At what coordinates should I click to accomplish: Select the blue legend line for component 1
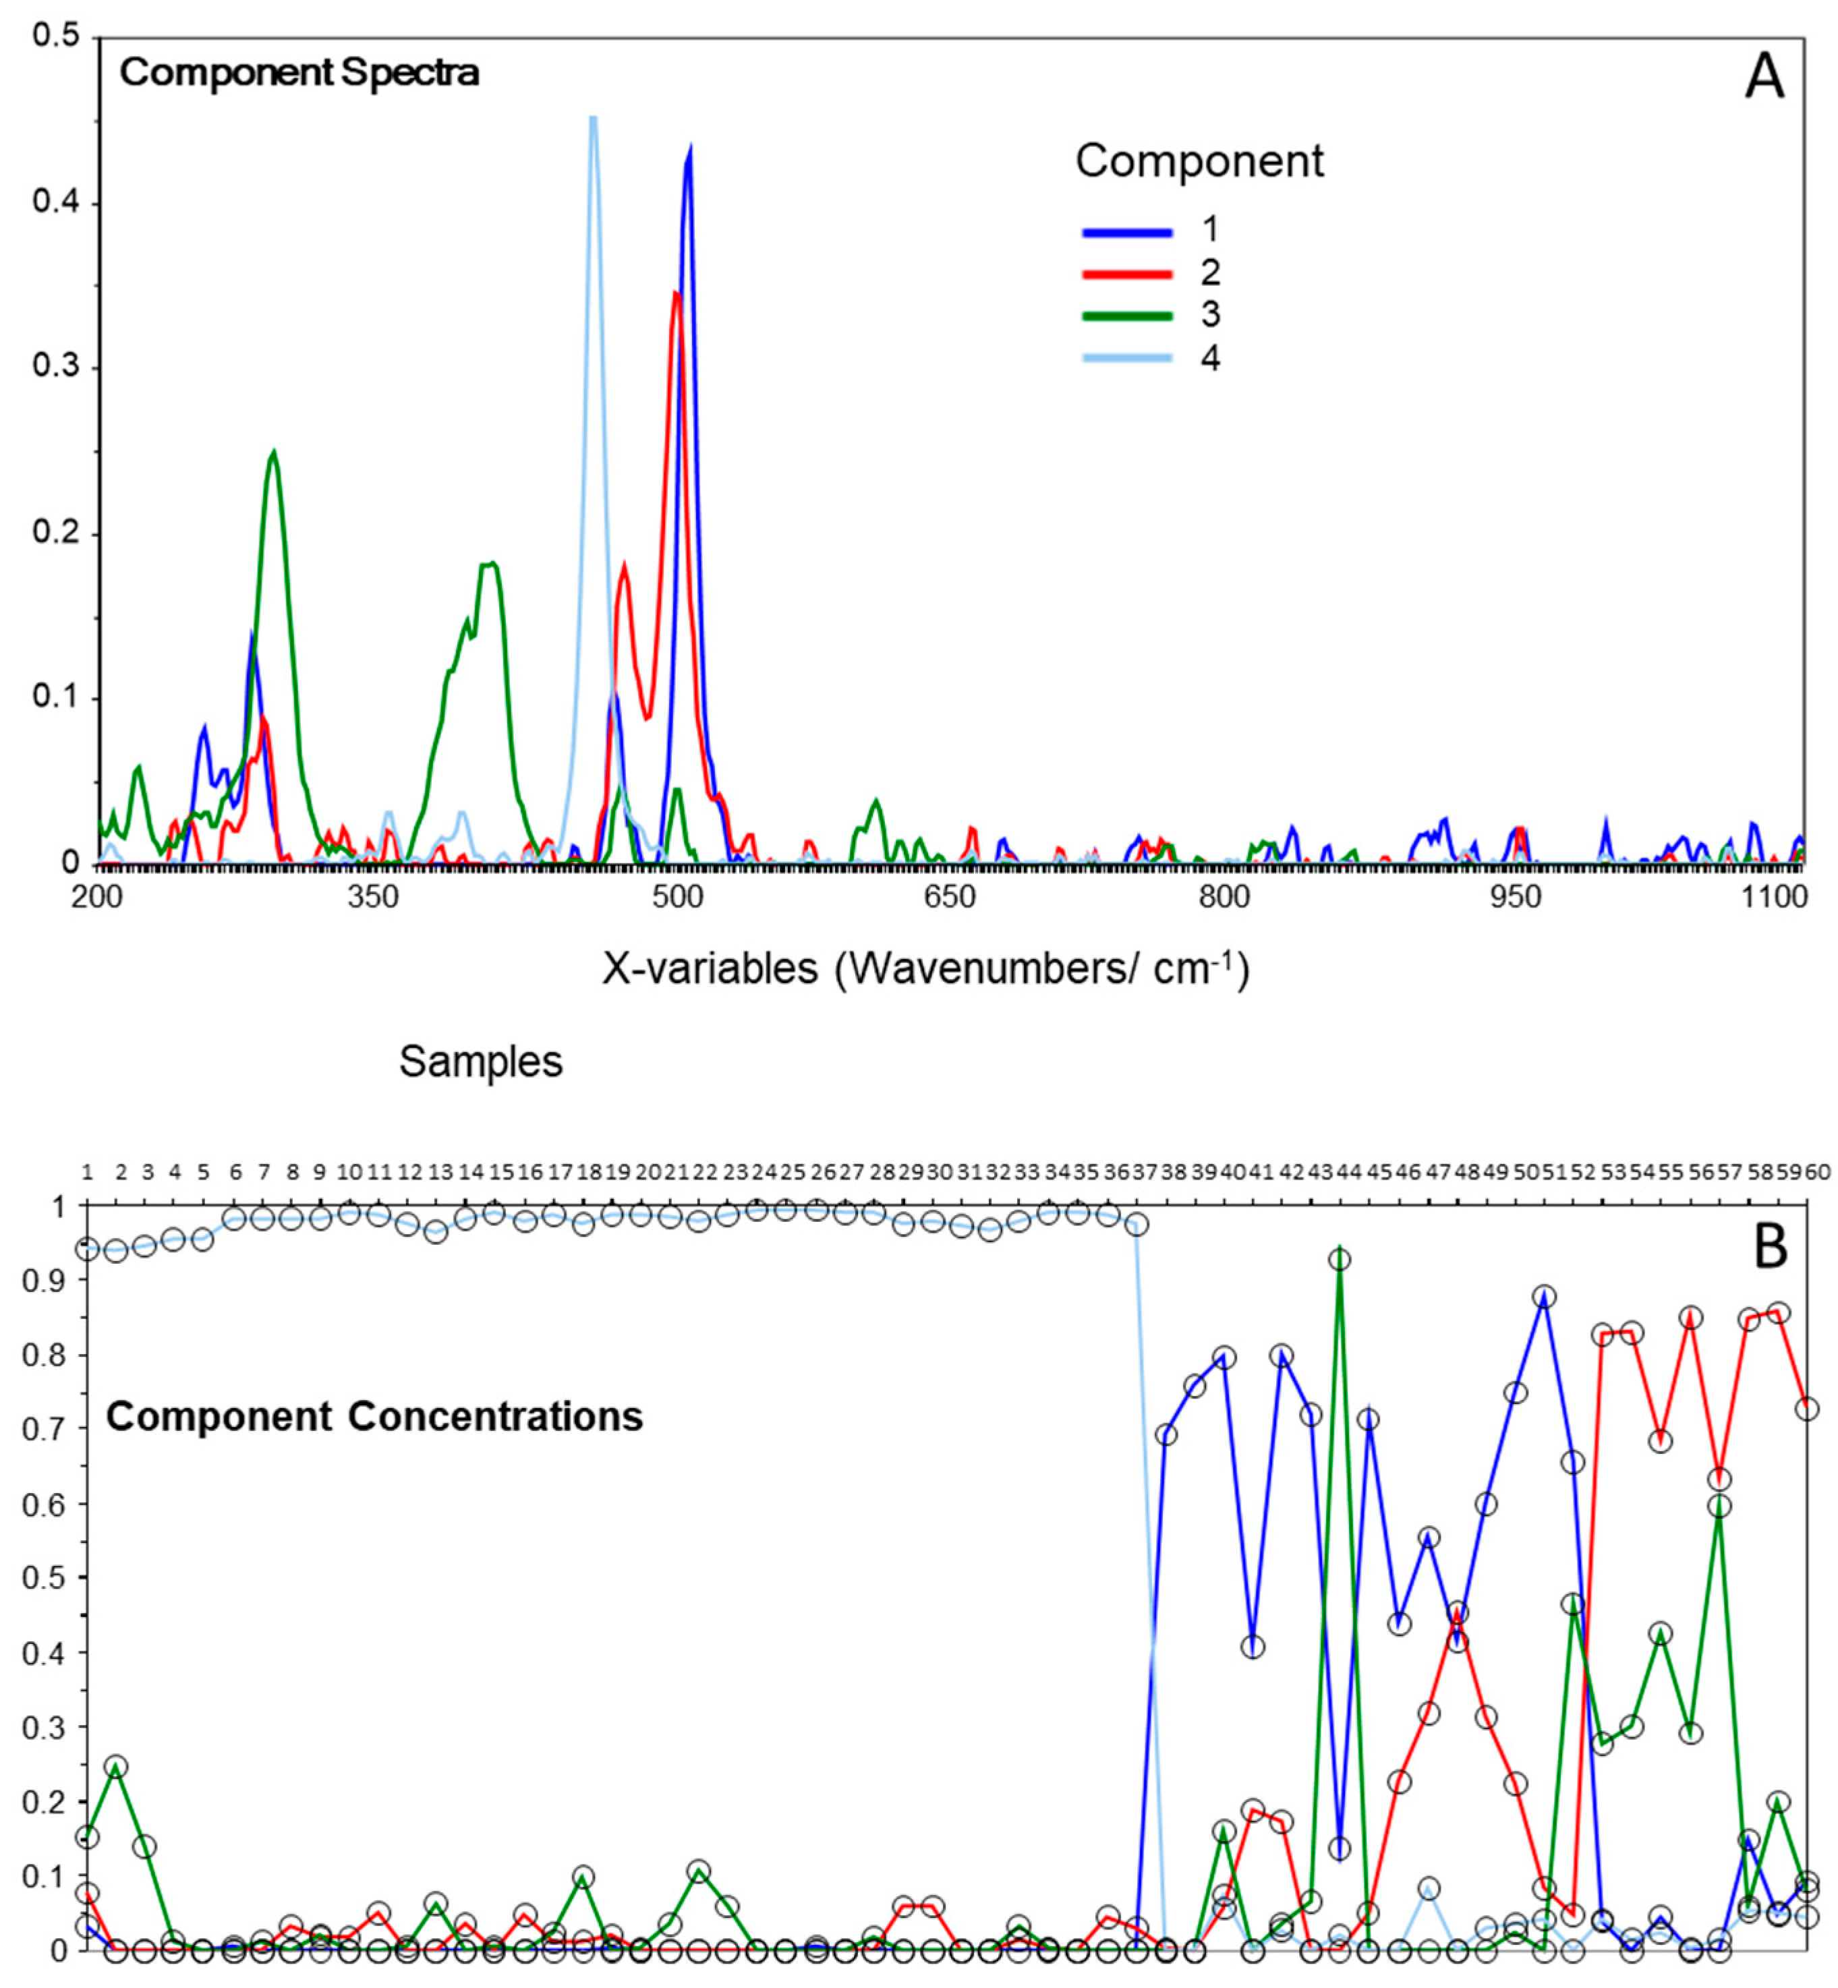pyautogui.click(x=1127, y=232)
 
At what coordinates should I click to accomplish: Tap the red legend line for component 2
pyautogui.click(x=1127, y=274)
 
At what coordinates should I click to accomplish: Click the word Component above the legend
pyautogui.click(x=1199, y=161)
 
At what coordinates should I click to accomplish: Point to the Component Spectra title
pyautogui.click(x=299, y=73)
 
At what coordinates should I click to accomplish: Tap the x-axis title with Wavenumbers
pyautogui.click(x=925, y=968)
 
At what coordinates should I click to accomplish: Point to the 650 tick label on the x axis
pyautogui.click(x=950, y=897)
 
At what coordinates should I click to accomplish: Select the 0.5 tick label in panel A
pyautogui.click(x=56, y=37)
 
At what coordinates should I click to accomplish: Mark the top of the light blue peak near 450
pyautogui.click(x=593, y=119)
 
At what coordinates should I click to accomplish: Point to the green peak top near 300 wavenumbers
pyautogui.click(x=274, y=452)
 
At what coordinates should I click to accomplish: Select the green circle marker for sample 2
pyautogui.click(x=117, y=1767)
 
